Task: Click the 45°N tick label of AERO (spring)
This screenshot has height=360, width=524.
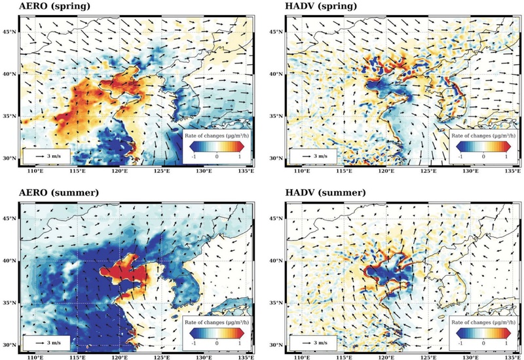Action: [9, 31]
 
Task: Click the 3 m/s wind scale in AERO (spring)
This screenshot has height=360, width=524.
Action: [46, 157]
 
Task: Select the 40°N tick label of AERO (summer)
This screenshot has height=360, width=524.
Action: [9, 261]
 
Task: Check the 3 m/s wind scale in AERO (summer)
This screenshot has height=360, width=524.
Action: [46, 342]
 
